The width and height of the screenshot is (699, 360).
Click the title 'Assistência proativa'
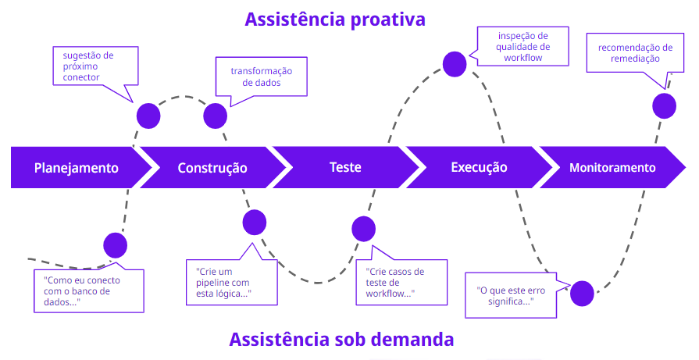tap(335, 20)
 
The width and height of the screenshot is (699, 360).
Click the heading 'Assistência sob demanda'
tap(341, 340)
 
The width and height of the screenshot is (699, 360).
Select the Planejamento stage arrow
tap(77, 168)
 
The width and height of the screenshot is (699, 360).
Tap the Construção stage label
tap(212, 168)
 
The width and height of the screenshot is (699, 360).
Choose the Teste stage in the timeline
tap(345, 168)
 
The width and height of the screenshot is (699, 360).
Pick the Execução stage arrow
tap(479, 168)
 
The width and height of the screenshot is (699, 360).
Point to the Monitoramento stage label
tap(612, 168)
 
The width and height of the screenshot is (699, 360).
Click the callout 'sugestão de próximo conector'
tap(95, 66)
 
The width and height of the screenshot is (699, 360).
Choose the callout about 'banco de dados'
tap(88, 290)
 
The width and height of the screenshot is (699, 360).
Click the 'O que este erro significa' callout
tap(511, 294)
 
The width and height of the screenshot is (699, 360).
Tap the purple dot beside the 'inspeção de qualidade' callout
tap(455, 63)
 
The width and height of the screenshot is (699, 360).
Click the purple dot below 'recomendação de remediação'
tap(664, 105)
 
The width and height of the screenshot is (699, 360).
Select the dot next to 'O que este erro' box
tap(582, 294)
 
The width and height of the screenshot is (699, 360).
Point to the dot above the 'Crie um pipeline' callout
tap(255, 223)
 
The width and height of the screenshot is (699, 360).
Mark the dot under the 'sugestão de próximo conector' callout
tap(148, 116)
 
